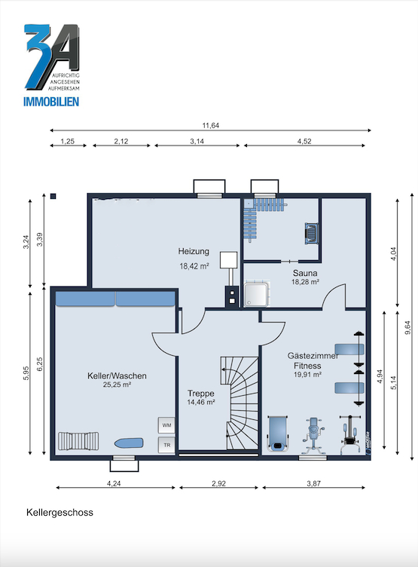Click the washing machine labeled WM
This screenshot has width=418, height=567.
pos(166,425)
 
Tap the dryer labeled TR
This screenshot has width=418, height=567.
pos(166,445)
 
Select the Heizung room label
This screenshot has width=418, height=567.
pos(194,251)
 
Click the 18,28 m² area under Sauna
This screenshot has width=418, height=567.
pos(305,282)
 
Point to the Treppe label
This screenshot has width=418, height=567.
pos(201,393)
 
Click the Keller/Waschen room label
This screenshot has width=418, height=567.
pos(117,375)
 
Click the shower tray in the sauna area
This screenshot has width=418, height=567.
pos(256,295)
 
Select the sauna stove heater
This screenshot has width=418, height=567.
pos(311,233)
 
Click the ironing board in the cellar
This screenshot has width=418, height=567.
pos(129,443)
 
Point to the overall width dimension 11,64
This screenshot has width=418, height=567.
pos(211,125)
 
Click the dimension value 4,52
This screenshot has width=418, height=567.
pos(304,141)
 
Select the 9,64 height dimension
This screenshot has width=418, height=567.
pos(408,328)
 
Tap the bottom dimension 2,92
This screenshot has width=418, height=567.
pos(218,483)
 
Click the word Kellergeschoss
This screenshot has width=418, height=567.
pos(59,513)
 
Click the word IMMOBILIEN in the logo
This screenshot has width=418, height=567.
pos(51,102)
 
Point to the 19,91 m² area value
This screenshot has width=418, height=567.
pos(307,375)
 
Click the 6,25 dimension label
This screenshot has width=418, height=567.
pos(40,364)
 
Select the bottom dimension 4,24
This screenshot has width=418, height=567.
pos(114,483)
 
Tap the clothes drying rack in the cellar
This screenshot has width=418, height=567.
pos(78,441)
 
